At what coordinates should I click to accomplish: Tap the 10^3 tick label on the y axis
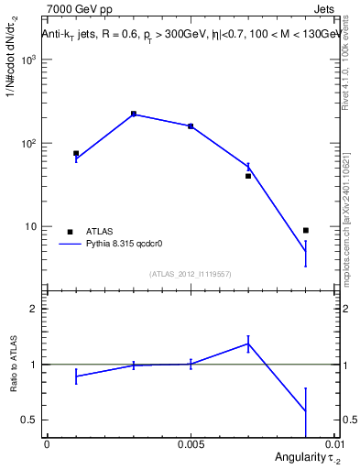coord(29,60)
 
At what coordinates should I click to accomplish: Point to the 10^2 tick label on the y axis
coord(29,144)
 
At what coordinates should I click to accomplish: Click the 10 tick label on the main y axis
coord(32,227)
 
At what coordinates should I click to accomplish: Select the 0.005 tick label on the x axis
coord(191,444)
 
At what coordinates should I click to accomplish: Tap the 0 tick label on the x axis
coord(47,444)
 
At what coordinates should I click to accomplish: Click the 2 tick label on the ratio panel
coord(34,309)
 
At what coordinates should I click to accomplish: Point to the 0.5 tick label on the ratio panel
coord(29,420)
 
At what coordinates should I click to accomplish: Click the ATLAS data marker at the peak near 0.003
coord(134,114)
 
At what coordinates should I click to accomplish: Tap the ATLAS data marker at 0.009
coord(305,230)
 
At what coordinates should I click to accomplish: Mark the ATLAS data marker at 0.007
coord(248,176)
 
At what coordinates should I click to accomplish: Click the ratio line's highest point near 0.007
coord(248,344)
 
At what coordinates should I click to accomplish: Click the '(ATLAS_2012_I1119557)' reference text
coord(191,274)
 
